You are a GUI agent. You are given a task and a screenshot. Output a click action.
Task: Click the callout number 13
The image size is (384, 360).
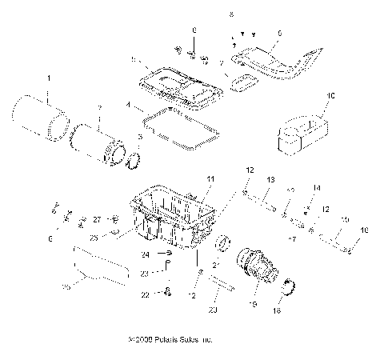[x=271, y=202]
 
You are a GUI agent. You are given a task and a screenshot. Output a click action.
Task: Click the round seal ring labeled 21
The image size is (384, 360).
[x=223, y=241]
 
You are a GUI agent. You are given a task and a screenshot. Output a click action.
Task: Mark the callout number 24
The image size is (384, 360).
[x=146, y=255]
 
